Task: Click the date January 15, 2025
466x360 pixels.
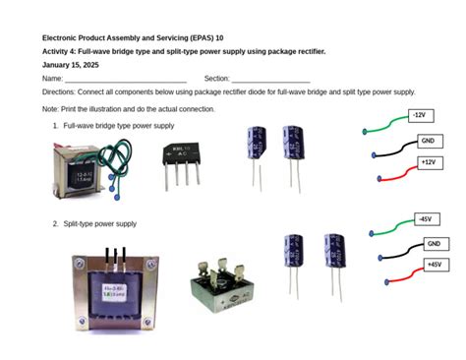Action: (x=71, y=64)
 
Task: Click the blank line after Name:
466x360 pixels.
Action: (x=126, y=80)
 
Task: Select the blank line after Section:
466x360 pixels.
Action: (x=270, y=80)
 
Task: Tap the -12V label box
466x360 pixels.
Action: (x=420, y=116)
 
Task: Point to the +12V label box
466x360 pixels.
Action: (x=427, y=162)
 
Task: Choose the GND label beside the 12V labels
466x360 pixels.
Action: (x=427, y=141)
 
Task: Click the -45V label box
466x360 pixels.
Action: (x=425, y=219)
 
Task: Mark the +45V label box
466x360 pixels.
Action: (x=433, y=265)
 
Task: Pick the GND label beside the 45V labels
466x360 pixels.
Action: (x=434, y=243)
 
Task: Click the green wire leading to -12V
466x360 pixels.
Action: (x=386, y=122)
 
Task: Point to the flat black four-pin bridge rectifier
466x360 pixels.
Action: (x=182, y=157)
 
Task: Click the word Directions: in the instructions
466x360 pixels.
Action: (x=58, y=90)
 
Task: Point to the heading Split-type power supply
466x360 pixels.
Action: (x=100, y=224)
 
